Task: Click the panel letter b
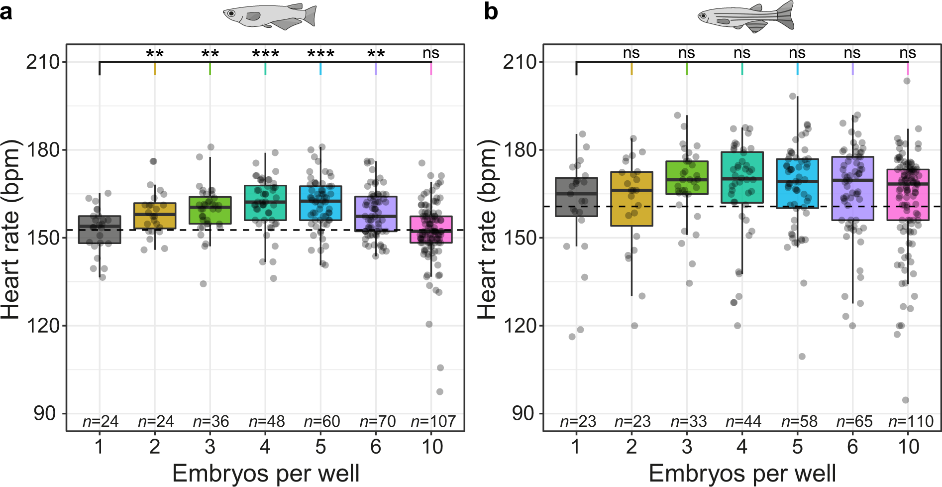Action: coord(491,11)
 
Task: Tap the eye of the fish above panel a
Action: coord(231,13)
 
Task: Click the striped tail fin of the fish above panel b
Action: coord(783,15)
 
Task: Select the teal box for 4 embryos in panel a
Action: coord(265,203)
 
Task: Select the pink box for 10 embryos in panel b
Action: coord(908,195)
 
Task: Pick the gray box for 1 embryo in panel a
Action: coord(100,230)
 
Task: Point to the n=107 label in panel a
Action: coord(433,422)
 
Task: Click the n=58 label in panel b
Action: coord(799,422)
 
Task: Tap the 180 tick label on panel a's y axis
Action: coord(42,149)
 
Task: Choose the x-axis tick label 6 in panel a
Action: coord(376,447)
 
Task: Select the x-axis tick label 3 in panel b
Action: coord(687,447)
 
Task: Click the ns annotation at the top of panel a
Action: coord(431,53)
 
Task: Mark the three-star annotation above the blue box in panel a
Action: coord(320,53)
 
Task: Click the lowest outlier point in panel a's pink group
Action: coord(440,391)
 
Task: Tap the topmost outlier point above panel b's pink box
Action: coord(907,81)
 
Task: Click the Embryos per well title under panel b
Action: coord(742,473)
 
